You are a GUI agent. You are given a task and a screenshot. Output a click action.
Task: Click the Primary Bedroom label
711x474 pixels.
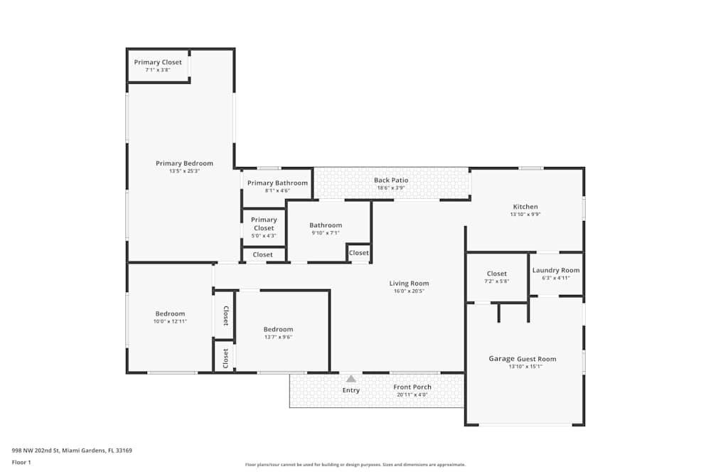pos(184,163)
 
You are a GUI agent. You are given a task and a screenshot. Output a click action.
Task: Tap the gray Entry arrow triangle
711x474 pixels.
pos(351,379)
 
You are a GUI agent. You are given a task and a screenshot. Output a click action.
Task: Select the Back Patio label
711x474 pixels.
pos(391,180)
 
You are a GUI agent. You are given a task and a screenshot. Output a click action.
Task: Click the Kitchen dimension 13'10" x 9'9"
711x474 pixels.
pos(525,215)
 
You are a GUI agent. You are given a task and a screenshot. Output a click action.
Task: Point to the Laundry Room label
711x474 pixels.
pos(556,270)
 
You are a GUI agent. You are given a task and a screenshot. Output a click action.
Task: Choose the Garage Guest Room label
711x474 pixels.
pos(523,359)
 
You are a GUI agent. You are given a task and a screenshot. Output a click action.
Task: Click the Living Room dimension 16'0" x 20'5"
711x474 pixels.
pos(409,291)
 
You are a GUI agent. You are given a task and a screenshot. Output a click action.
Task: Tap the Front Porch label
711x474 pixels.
pos(412,387)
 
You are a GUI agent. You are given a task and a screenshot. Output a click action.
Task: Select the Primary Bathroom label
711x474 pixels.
pos(277,183)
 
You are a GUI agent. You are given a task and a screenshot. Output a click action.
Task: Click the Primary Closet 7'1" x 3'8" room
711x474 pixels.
pos(158,65)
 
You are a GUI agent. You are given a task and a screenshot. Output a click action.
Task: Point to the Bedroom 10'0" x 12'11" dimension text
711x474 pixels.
pos(171,321)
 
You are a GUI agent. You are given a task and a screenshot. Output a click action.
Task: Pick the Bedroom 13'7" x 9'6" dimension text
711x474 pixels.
pos(278,337)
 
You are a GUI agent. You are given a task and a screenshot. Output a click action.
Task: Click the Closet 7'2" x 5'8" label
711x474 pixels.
pos(497,274)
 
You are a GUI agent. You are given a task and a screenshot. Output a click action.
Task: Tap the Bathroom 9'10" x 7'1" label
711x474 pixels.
pos(326,225)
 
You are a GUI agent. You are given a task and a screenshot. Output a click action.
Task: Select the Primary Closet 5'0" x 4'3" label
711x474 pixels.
pos(264,224)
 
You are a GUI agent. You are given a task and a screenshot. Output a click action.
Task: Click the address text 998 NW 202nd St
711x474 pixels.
pos(71,450)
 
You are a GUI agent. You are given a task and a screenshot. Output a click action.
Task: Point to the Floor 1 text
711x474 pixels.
pos(21,462)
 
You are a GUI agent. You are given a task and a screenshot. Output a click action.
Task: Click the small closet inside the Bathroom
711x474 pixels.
pos(359,253)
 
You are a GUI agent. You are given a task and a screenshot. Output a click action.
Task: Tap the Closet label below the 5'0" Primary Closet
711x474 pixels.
pos(262,254)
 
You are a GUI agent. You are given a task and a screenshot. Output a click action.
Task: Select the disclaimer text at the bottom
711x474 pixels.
pos(355,465)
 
